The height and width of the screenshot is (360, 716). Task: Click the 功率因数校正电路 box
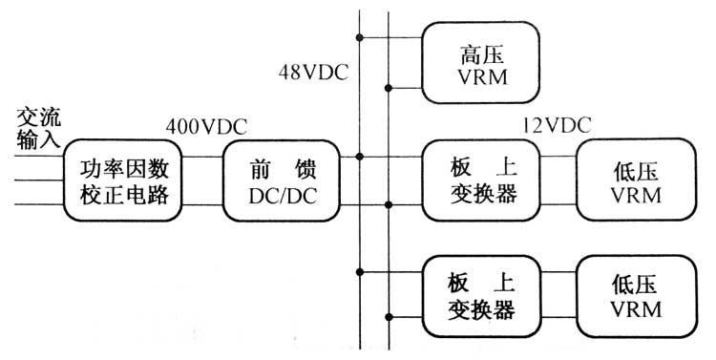pos(119,181)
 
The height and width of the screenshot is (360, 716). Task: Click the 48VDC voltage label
pos(312,72)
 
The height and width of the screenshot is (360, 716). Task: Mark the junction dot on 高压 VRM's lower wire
pos(389,89)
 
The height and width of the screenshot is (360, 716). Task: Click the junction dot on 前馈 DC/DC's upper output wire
pos(360,157)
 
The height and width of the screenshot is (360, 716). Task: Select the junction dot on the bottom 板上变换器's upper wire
pos(360,271)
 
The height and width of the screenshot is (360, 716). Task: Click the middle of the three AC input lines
pos(33,180)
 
